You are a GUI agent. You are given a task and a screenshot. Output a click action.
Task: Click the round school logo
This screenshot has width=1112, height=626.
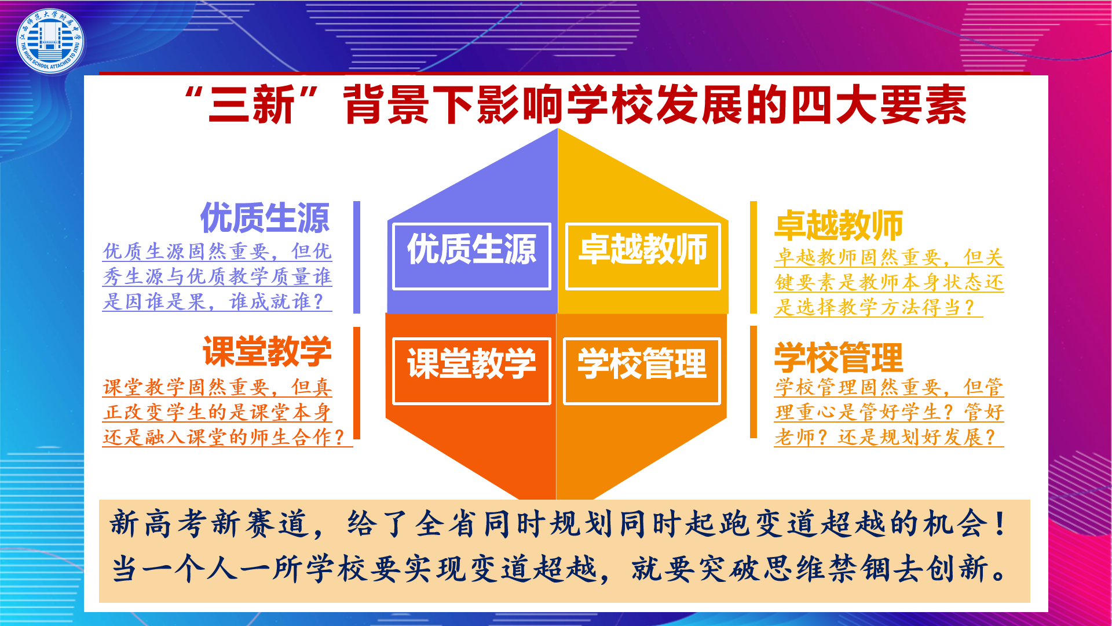pos(50,41)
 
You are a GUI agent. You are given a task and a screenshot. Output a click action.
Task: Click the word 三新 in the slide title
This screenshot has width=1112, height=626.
pos(251,105)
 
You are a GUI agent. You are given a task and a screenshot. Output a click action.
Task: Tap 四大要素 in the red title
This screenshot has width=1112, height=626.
pos(879,105)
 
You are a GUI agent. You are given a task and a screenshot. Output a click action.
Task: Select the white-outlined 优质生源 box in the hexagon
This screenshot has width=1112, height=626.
pos(471,256)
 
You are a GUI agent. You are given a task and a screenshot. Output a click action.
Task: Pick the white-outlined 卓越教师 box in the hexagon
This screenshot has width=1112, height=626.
pos(643,256)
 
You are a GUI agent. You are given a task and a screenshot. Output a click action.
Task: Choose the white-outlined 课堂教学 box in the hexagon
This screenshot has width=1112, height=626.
pos(471,371)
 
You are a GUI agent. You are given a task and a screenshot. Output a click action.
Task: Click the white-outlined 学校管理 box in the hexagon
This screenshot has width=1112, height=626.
pos(642,371)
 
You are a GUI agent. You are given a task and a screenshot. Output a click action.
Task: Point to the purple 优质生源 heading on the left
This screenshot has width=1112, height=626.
pos(265,218)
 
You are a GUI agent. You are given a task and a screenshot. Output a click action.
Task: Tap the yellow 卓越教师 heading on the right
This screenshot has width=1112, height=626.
pos(839,225)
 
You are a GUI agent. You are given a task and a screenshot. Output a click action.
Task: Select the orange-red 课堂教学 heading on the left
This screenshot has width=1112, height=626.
pos(267,351)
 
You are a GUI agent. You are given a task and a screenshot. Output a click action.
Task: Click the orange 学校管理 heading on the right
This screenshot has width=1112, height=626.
pos(839,358)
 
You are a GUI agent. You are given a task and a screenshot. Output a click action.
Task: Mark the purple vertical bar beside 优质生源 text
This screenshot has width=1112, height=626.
pos(357,257)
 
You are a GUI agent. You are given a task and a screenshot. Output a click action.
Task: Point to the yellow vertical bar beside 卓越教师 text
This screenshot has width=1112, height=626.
pos(753,257)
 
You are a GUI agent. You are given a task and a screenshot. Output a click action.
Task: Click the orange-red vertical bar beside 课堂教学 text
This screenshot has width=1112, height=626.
pos(357,383)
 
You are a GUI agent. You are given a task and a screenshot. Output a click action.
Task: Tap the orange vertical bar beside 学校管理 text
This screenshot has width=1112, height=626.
pos(753,382)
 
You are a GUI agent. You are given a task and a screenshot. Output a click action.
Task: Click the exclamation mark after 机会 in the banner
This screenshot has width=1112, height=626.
pos(1000,523)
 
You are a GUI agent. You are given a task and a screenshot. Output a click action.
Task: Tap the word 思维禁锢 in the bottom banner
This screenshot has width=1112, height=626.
pos(827,568)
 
